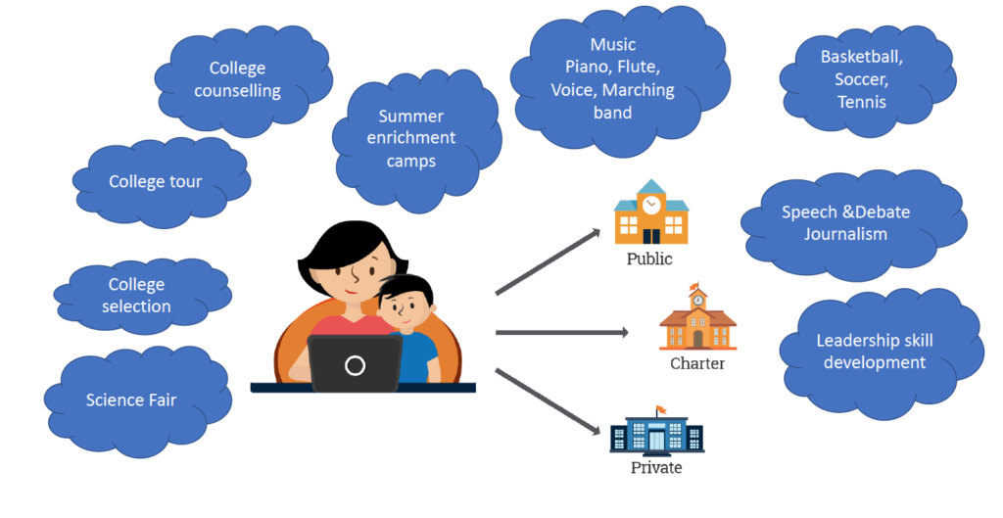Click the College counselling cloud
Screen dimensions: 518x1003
(237, 80)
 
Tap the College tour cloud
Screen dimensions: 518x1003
(157, 182)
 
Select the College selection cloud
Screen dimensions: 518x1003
(137, 296)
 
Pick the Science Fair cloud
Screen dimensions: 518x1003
(132, 400)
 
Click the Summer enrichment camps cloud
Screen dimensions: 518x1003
(411, 138)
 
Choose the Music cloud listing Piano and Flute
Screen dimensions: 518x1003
(613, 78)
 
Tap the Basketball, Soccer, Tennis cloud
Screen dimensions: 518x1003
(862, 79)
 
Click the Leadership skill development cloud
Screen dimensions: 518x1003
(875, 352)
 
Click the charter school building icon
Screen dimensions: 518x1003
(697, 320)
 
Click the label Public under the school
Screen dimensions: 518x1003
(649, 259)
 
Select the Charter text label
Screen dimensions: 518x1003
(697, 364)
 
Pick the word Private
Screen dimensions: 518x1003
(656, 468)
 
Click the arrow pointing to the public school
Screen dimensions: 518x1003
(549, 261)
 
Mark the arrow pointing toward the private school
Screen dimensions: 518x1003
(549, 401)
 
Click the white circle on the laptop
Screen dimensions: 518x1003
(355, 365)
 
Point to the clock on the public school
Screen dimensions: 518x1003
(650, 205)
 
